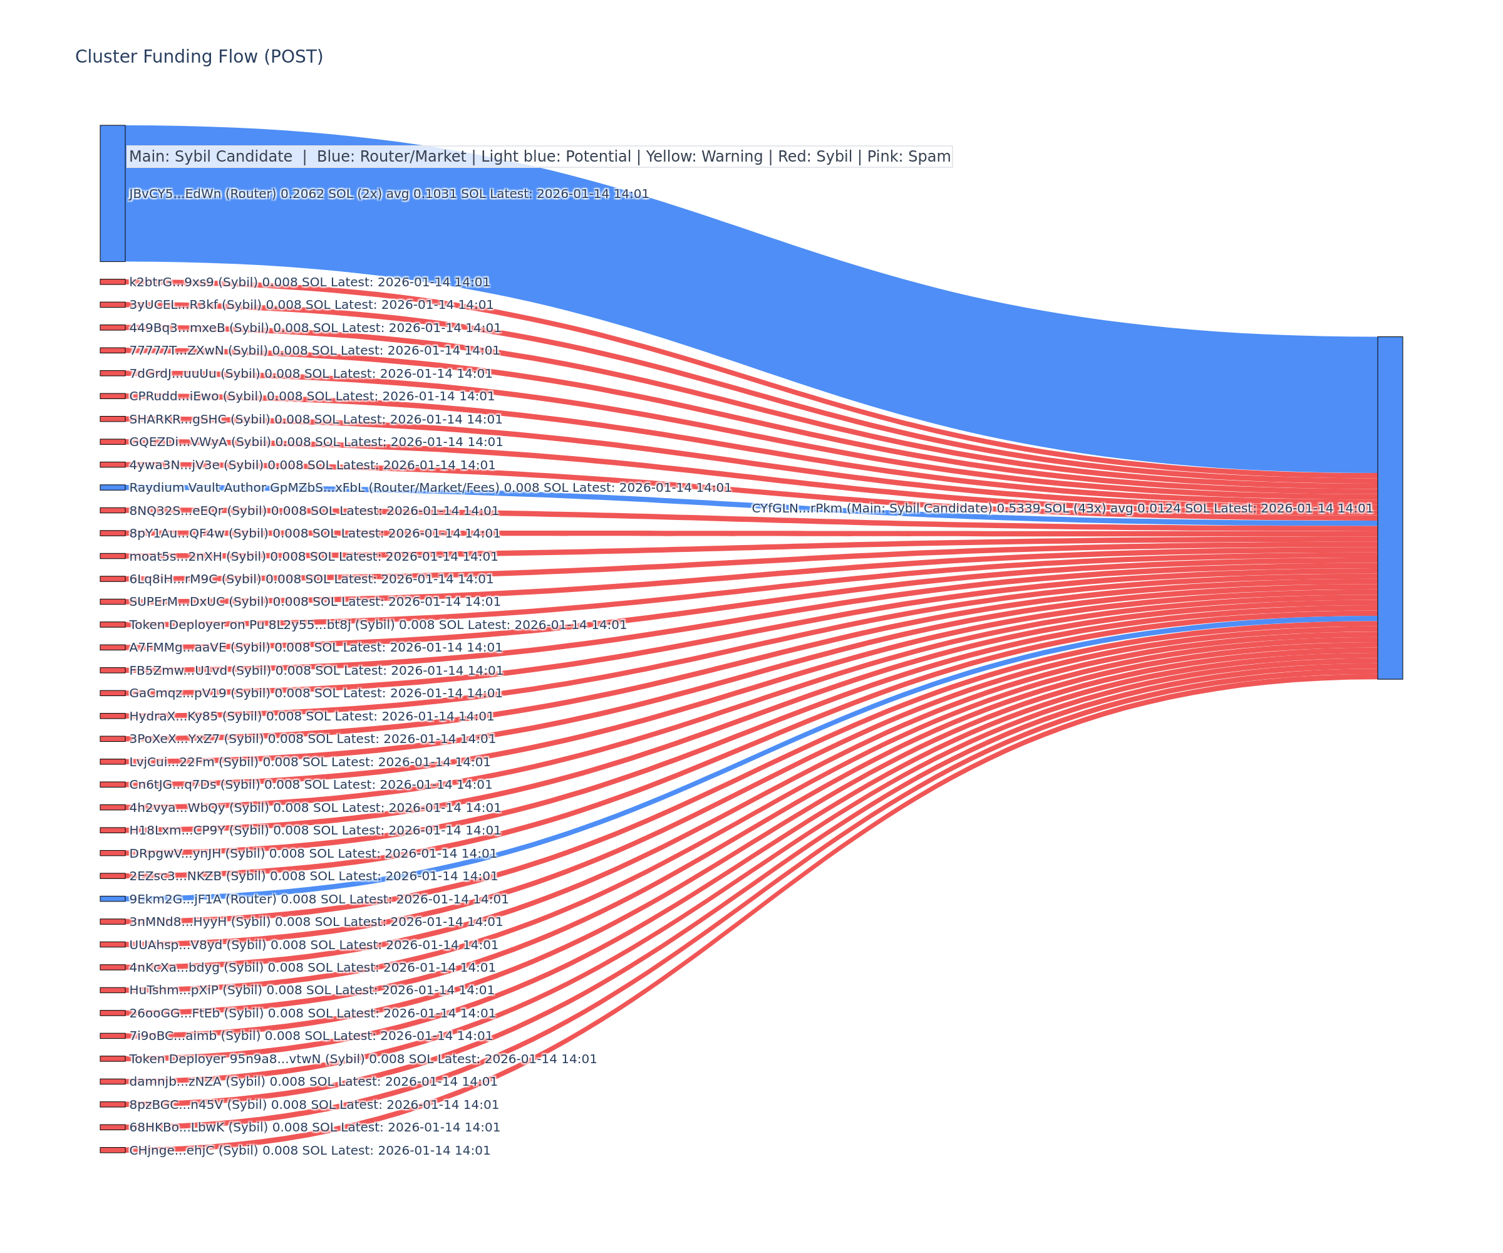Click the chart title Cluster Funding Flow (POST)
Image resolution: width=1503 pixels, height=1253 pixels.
click(199, 56)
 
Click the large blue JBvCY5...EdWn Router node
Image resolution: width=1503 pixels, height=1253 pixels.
click(112, 194)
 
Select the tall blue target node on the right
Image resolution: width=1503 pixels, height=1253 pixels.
click(1390, 507)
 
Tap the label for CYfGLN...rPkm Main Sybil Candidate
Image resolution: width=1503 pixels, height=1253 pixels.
click(1062, 508)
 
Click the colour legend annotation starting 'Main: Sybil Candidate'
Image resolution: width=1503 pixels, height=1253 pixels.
click(539, 157)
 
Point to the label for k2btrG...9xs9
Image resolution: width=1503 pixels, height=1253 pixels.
click(309, 282)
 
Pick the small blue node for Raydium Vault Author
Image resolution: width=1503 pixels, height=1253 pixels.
click(112, 487)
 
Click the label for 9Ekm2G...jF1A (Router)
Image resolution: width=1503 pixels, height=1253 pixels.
click(319, 899)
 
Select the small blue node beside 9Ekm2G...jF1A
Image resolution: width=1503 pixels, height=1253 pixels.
click(112, 898)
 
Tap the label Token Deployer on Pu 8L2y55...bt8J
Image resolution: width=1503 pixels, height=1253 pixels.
click(377, 625)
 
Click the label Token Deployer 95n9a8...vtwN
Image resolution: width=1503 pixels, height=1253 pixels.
click(362, 1059)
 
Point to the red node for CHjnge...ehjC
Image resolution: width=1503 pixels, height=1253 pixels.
click(112, 1150)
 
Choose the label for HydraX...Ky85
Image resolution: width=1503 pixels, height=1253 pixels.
click(311, 716)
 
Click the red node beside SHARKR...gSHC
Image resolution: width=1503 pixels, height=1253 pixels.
click(112, 419)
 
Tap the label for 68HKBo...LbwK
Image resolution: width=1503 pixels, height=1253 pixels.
click(314, 1127)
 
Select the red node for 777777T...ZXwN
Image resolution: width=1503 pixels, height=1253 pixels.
click(112, 350)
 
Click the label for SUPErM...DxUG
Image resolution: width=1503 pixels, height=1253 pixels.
click(314, 602)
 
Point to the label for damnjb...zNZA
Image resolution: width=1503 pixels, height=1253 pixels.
click(312, 1082)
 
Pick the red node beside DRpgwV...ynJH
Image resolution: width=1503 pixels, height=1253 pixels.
click(112, 853)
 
